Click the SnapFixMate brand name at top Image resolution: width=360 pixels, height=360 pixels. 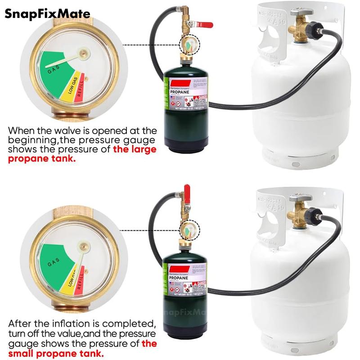(x=47, y=14)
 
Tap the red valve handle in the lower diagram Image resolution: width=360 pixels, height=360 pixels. (x=187, y=191)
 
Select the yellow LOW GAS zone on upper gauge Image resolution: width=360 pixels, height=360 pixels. (x=72, y=84)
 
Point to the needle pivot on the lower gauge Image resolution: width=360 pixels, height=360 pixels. (x=82, y=246)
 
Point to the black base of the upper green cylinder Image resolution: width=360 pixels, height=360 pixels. (x=185, y=146)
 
